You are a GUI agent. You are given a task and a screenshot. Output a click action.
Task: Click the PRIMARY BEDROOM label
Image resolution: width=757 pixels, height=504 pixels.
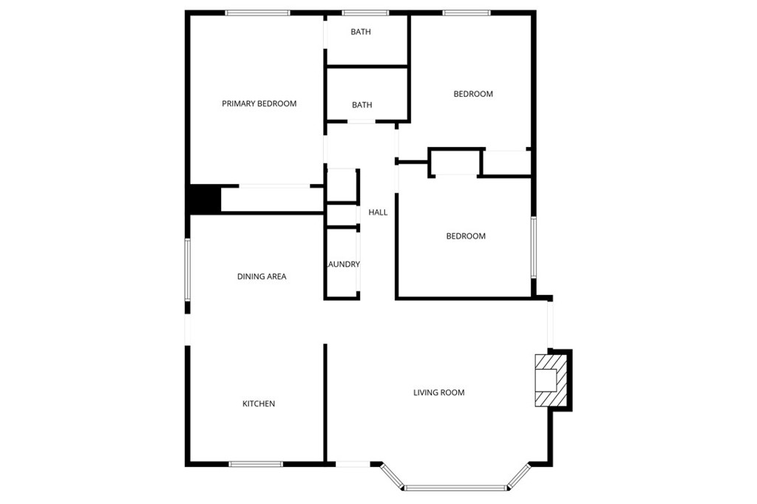(x=259, y=103)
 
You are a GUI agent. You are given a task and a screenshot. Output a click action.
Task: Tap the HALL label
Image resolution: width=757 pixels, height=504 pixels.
(x=378, y=212)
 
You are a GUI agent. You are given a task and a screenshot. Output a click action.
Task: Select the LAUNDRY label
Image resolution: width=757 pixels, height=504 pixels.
(x=343, y=264)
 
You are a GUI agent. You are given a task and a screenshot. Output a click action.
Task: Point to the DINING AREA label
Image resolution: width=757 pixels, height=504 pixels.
(x=262, y=276)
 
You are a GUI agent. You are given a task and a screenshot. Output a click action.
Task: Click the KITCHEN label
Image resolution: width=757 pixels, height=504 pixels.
(x=258, y=403)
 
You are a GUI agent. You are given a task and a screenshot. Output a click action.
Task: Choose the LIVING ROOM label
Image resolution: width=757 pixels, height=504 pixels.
(x=439, y=392)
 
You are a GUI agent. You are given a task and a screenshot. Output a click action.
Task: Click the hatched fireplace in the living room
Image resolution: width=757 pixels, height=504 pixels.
(x=550, y=381)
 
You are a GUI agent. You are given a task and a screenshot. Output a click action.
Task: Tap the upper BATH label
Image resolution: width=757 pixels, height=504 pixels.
(x=361, y=32)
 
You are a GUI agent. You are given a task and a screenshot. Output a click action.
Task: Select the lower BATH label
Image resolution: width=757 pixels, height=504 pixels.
(x=361, y=105)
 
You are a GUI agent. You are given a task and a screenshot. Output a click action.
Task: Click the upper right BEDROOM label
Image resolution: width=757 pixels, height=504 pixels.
(x=473, y=94)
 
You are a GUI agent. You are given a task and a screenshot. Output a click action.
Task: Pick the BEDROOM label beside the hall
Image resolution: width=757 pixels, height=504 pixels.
(x=466, y=236)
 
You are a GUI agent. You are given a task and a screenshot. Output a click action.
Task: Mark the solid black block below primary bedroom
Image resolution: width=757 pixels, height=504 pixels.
(x=205, y=200)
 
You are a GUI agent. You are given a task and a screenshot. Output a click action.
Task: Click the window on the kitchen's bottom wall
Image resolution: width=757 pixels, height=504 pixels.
(x=256, y=464)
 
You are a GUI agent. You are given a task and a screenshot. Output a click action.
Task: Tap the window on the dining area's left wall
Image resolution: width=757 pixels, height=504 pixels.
(x=188, y=270)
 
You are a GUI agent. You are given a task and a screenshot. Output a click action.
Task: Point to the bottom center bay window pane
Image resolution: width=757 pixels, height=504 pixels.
(x=455, y=488)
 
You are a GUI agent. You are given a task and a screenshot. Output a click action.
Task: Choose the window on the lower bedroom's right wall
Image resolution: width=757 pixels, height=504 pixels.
(x=534, y=248)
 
